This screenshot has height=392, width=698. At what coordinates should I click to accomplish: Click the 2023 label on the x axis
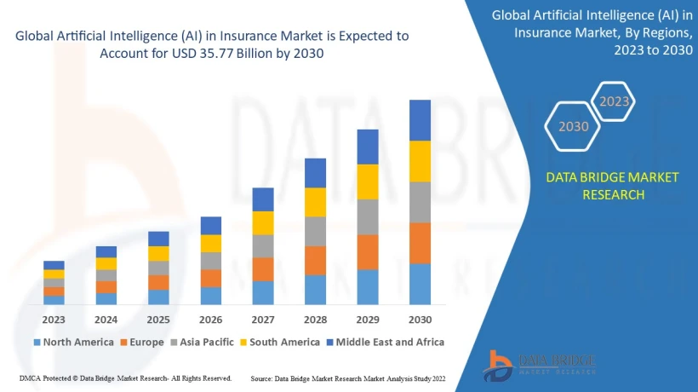coord(54,320)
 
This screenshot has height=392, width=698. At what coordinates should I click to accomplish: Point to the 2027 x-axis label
coord(263,320)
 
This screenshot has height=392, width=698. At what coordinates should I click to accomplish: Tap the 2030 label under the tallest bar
coord(420,320)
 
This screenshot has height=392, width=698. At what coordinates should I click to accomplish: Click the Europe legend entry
coord(142,342)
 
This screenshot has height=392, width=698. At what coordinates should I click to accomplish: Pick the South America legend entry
coord(280,342)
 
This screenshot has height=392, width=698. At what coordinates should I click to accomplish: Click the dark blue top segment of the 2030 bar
coord(420,120)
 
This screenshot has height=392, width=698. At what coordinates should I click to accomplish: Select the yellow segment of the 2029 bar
coord(368,182)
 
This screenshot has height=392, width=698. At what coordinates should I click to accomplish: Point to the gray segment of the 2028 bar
coord(315,231)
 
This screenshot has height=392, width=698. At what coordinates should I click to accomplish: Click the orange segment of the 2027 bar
coord(263,269)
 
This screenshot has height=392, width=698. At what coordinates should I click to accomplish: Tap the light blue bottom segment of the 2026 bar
coord(211,296)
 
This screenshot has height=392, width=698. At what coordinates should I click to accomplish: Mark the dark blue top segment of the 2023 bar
coord(54,265)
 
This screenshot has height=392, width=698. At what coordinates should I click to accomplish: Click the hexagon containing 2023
coord(615,101)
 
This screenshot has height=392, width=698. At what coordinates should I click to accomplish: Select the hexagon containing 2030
coord(573,126)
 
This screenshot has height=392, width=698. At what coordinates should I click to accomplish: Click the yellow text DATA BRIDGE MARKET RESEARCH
coord(613,186)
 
